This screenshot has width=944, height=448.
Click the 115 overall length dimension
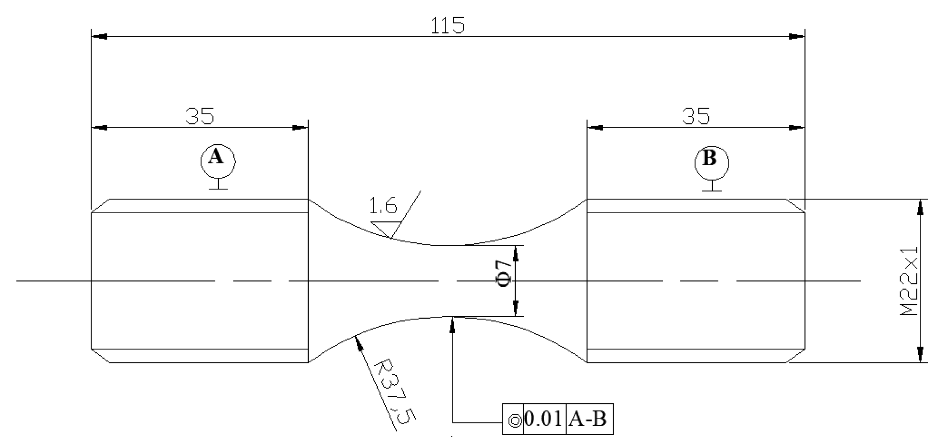click(x=448, y=26)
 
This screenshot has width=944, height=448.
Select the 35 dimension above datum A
click(x=199, y=117)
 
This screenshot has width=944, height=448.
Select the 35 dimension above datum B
click(x=695, y=117)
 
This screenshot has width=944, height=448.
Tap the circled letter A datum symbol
click(x=218, y=161)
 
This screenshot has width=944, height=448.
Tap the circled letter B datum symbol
click(x=712, y=162)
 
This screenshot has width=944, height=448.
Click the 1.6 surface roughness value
click(x=383, y=206)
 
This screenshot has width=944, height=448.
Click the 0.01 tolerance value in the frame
click(x=544, y=419)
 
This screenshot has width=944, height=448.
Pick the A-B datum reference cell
click(x=588, y=419)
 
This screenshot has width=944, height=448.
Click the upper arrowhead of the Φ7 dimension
click(x=515, y=254)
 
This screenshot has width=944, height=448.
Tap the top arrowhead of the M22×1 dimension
click(x=920, y=208)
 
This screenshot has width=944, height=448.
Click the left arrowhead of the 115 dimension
click(x=100, y=37)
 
